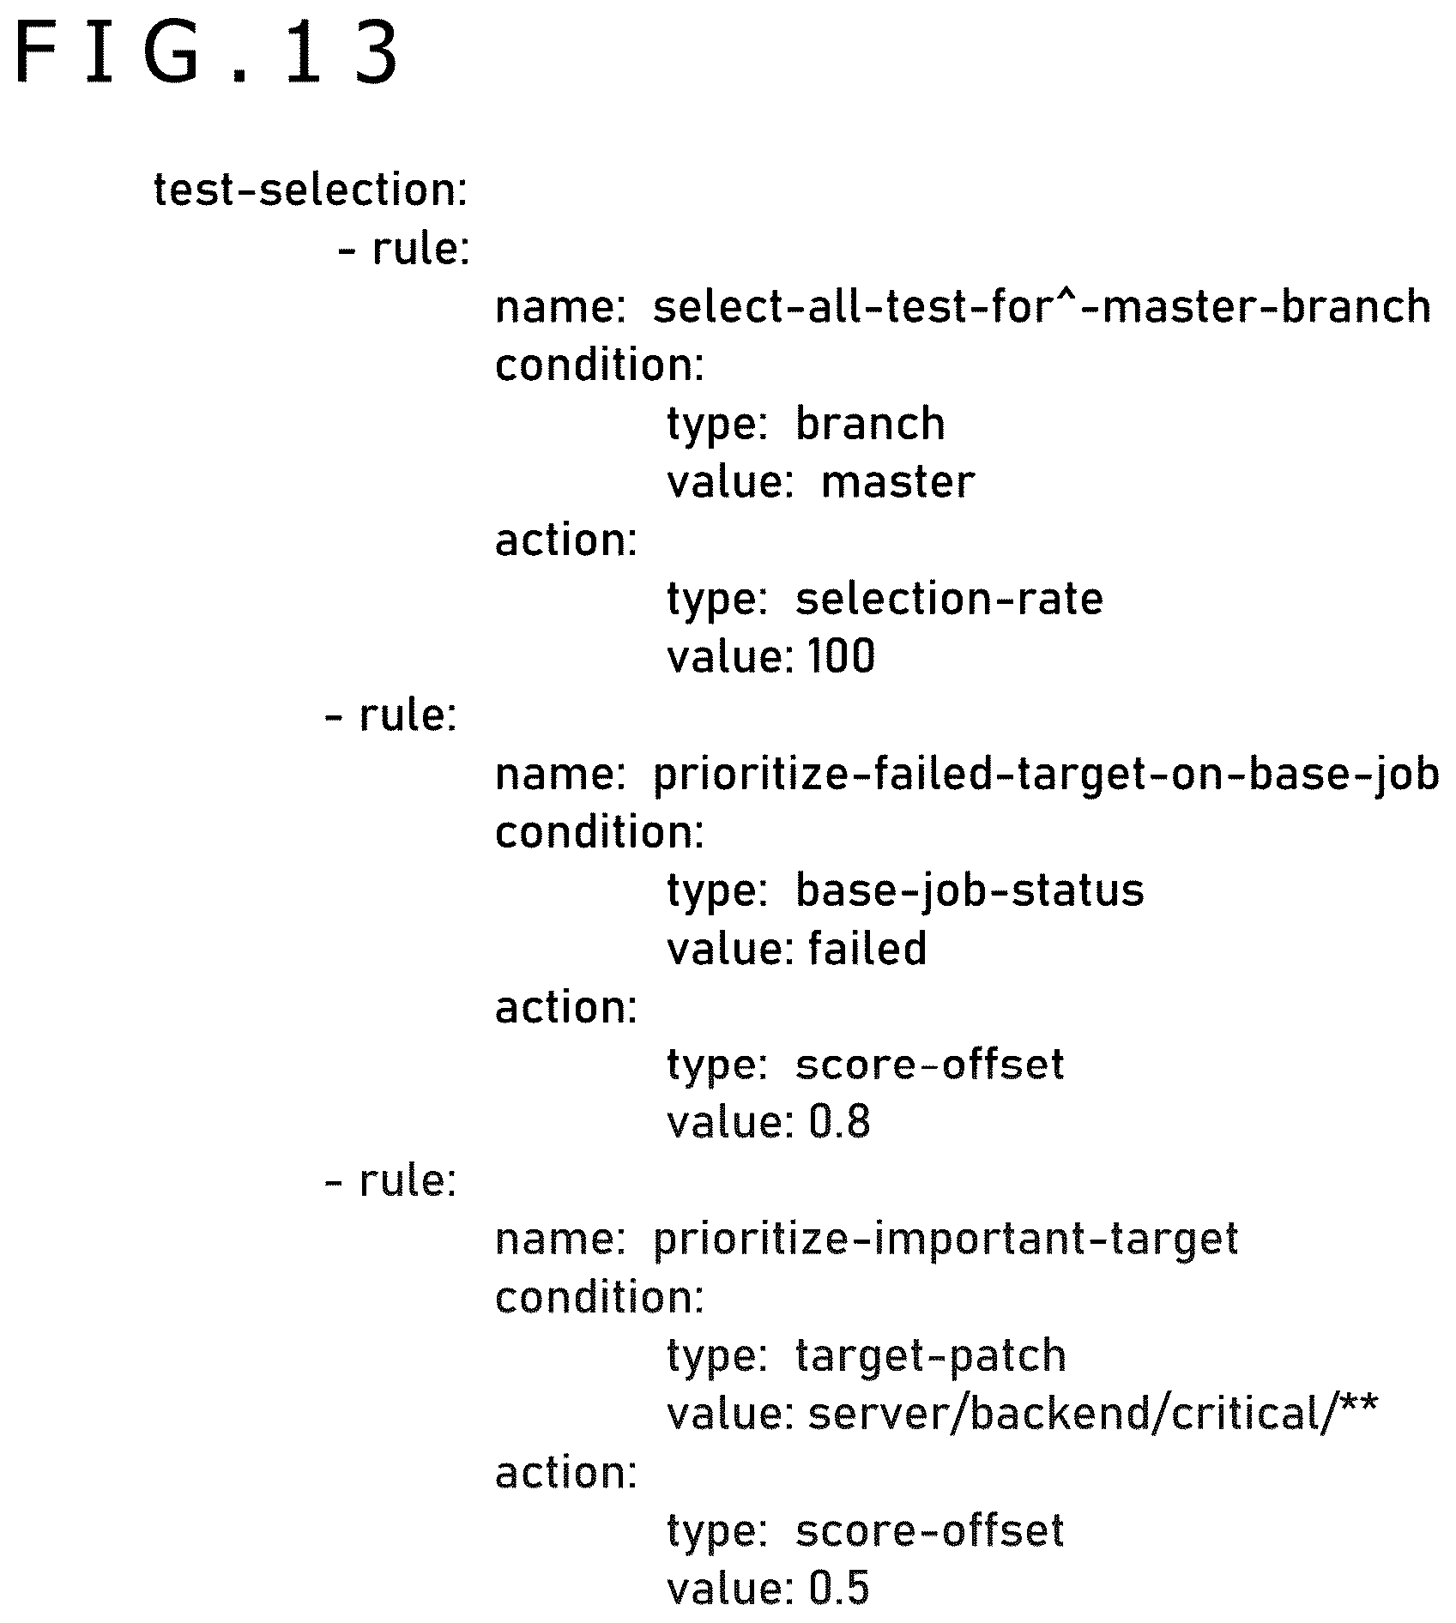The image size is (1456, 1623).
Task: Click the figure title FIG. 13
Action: click(206, 53)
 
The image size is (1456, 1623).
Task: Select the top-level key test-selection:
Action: click(311, 190)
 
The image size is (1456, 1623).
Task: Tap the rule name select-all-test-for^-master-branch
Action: click(1042, 307)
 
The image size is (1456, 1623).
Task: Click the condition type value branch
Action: click(870, 424)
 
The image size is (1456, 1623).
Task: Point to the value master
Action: click(898, 482)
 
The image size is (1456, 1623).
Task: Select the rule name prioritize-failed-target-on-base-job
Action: click(1046, 775)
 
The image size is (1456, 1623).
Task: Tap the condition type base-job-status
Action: click(970, 890)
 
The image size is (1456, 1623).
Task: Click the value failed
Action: click(867, 949)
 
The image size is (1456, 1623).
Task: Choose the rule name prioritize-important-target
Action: click(945, 1240)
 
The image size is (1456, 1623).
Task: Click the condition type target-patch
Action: click(931, 1357)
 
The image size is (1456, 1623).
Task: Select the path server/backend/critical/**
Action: click(1093, 1415)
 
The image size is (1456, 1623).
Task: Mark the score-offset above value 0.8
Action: click(930, 1065)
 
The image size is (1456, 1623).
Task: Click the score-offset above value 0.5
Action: click(930, 1531)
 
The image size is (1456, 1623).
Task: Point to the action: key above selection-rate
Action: click(566, 540)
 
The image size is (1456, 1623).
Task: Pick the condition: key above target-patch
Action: click(600, 1297)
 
